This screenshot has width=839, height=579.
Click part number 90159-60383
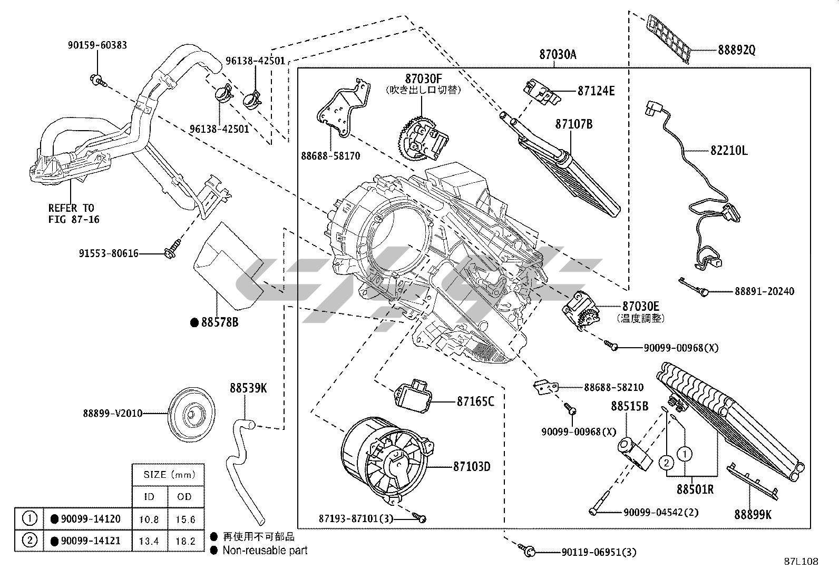coord(97,45)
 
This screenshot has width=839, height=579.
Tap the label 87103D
coord(472,466)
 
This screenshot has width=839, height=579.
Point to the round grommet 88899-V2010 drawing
coord(190,413)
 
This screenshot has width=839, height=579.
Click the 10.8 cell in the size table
coord(149,519)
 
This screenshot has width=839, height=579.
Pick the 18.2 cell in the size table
coord(186,541)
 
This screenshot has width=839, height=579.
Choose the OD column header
coord(186,496)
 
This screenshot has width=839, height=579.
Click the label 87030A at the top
coord(558,54)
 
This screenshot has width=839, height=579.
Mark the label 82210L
coord(728,151)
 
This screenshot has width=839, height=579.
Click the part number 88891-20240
coord(764,291)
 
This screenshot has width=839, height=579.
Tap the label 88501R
coord(695,489)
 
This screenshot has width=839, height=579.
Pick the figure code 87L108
coord(801,562)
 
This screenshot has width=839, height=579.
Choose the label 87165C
coord(475,401)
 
